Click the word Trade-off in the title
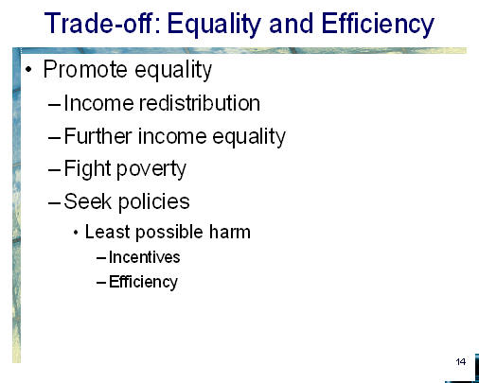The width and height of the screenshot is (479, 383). [x=102, y=24]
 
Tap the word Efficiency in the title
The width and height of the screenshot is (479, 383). [x=378, y=26]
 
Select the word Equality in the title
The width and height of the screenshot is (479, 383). [x=214, y=26]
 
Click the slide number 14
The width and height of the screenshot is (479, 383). [x=461, y=361]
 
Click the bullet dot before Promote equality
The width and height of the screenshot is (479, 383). [x=28, y=69]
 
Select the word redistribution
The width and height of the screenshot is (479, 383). [x=200, y=103]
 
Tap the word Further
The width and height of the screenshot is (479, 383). [x=98, y=136]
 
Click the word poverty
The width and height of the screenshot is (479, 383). [x=151, y=170]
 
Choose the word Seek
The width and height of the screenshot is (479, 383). [x=88, y=201]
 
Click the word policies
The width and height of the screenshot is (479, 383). [x=154, y=202]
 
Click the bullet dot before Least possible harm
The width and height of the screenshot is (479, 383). [x=76, y=233]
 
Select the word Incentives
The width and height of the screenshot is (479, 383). [x=145, y=257]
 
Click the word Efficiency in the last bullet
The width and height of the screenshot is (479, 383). [x=143, y=282]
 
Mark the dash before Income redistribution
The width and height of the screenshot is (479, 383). [x=54, y=104]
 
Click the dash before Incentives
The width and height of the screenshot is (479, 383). [x=101, y=258]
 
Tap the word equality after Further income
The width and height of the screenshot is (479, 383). [x=249, y=137]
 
